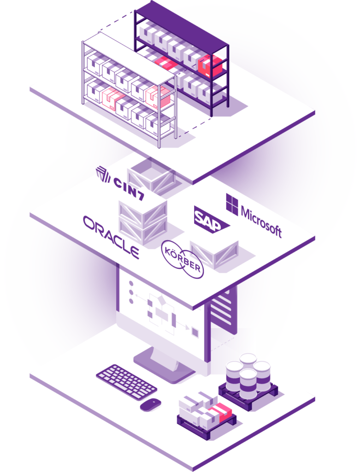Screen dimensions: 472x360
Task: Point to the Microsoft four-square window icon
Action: pos(231,203)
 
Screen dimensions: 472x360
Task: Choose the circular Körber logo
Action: pos(182,259)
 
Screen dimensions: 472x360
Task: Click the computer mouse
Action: pos(150,404)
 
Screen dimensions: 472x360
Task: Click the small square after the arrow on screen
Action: pos(195,331)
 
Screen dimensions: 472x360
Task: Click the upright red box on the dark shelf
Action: pos(210,66)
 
